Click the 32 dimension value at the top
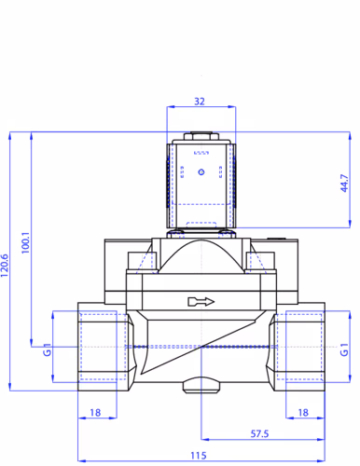pyautogui.click(x=200, y=102)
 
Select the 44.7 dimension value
pyautogui.click(x=344, y=183)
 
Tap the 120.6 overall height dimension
pyautogui.click(x=5, y=266)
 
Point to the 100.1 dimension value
pyautogui.click(x=25, y=242)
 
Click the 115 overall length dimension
pyautogui.click(x=199, y=456)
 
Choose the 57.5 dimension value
pyautogui.click(x=259, y=433)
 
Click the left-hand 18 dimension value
pyautogui.click(x=95, y=413)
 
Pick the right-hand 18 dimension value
pyautogui.click(x=303, y=413)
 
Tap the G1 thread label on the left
pyautogui.click(x=47, y=349)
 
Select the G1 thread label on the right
pyautogui.click(x=344, y=349)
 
